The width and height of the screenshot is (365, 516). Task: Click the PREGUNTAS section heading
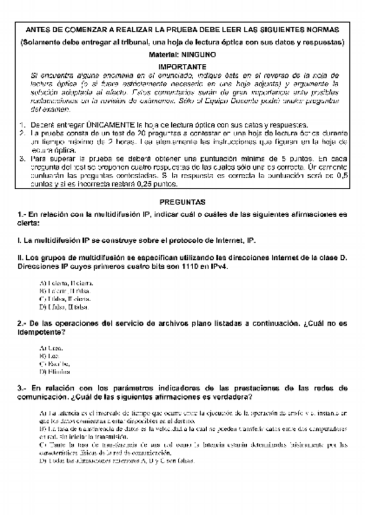point(182,201)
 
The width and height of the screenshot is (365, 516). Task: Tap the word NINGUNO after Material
point(198,54)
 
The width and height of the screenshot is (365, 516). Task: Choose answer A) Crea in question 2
point(51,347)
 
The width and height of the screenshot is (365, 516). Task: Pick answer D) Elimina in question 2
point(54,371)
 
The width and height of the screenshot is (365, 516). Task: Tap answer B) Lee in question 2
point(49,355)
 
